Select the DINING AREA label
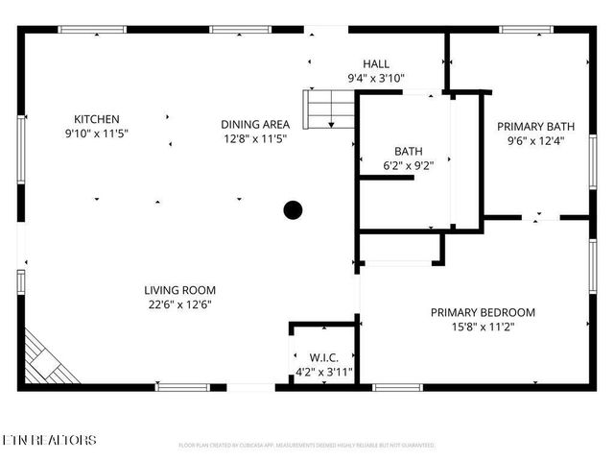[x=254, y=124]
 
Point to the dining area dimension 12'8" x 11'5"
[x=254, y=138]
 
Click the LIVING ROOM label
[x=179, y=290]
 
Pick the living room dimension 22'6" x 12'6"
[x=179, y=304]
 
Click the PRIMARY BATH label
[x=535, y=126]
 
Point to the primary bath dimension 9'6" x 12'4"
[x=535, y=140]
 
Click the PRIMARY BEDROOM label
[x=482, y=312]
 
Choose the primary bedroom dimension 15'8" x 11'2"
[x=482, y=327]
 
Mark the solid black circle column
[x=293, y=209]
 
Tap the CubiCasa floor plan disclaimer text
[x=307, y=446]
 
